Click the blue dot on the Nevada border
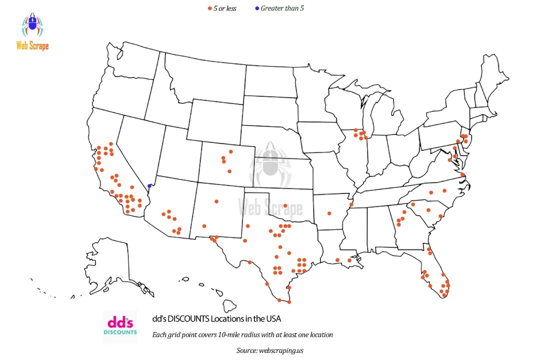[149, 186]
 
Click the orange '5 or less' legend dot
[209, 8]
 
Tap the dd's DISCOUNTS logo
[120, 326]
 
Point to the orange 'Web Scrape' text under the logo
[32, 46]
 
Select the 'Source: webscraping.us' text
[270, 350]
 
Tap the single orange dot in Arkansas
[329, 213]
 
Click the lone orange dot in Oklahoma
[285, 205]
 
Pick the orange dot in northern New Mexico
[216, 201]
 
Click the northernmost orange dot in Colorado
[230, 151]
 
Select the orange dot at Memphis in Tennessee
[351, 204]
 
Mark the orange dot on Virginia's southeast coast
[462, 174]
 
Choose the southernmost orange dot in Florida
[444, 295]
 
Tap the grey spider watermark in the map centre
[270, 165]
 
